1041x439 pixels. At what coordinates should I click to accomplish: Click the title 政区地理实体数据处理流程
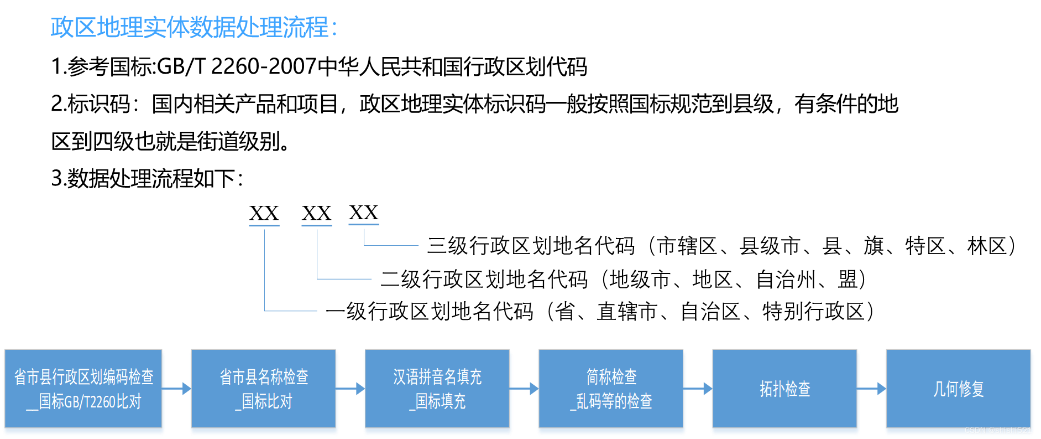(x=193, y=28)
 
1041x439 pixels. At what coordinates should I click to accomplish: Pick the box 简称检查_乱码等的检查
(x=611, y=389)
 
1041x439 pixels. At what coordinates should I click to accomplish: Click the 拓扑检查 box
(x=785, y=389)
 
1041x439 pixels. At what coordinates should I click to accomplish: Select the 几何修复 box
(x=959, y=389)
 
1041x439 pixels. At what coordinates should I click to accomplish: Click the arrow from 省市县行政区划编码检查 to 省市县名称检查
(x=177, y=389)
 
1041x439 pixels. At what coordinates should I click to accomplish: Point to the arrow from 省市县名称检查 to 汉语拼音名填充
(x=351, y=389)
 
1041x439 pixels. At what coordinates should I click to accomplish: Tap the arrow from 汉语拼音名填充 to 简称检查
(x=525, y=389)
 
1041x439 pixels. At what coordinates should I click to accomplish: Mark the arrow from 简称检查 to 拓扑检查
(x=698, y=389)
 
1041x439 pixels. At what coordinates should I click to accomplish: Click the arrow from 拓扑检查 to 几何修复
(x=872, y=389)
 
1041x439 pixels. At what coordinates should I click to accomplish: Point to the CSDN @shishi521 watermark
(x=998, y=430)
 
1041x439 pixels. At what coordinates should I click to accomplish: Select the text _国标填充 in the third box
(x=437, y=402)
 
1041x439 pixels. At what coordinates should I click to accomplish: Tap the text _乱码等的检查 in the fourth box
(x=611, y=402)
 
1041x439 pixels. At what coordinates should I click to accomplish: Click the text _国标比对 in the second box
(x=264, y=402)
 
